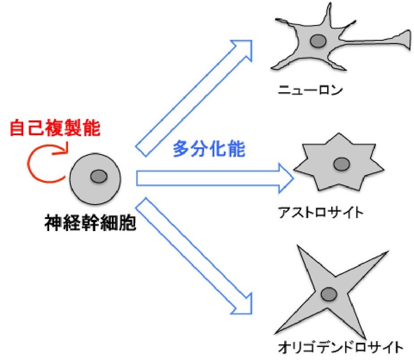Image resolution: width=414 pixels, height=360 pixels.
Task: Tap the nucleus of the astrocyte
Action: [x=341, y=164]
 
